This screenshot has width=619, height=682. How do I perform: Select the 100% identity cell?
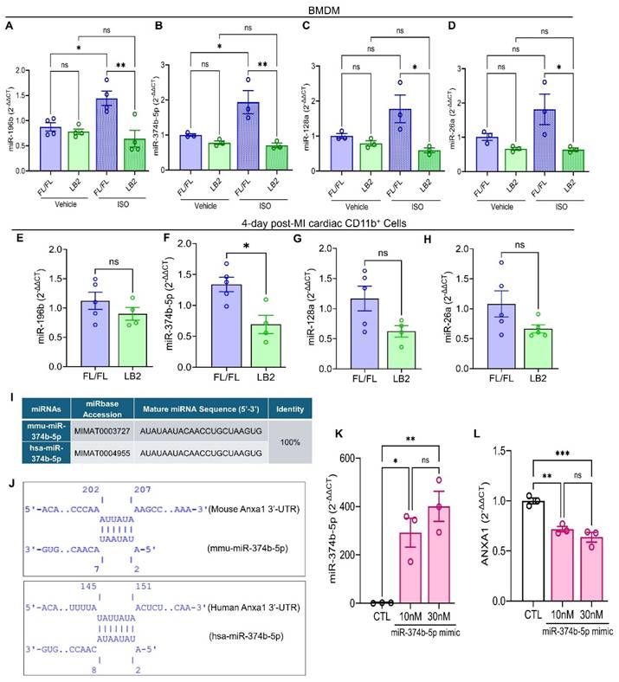(268, 438)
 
